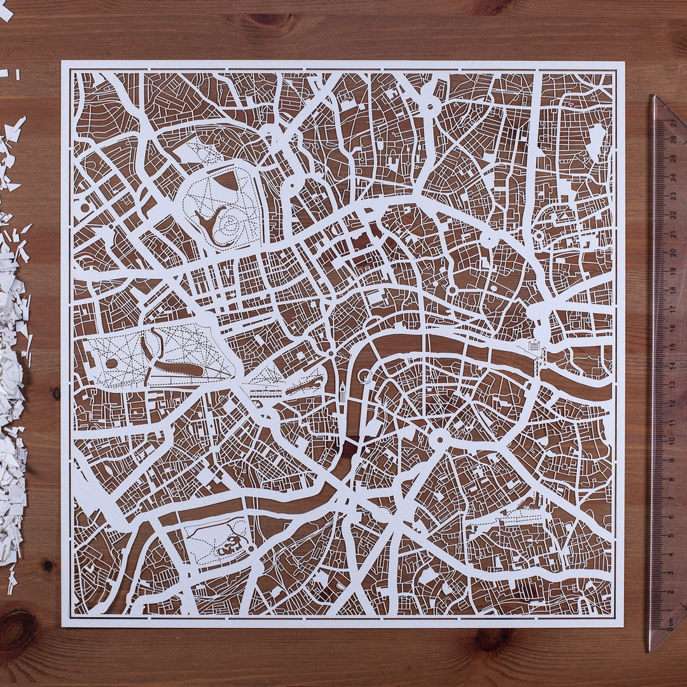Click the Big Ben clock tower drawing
342,392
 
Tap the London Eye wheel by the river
364,376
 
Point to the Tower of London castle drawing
532,347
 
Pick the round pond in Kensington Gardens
112,363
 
